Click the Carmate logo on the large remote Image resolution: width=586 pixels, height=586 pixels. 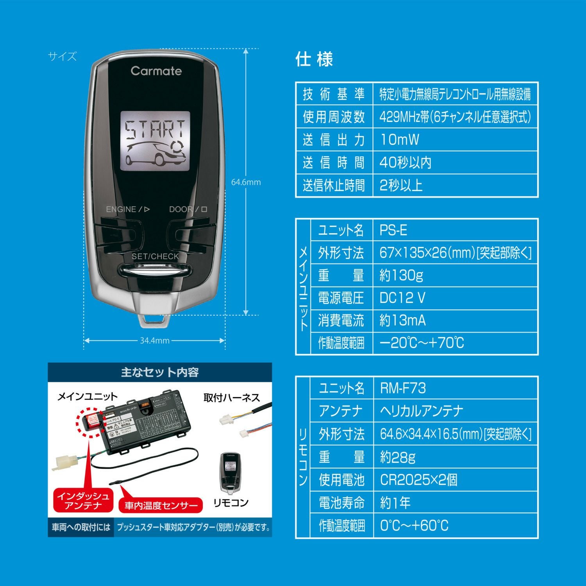click(156, 71)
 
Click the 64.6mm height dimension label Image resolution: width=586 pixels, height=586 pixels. click(246, 182)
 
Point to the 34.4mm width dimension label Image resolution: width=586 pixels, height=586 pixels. click(155, 341)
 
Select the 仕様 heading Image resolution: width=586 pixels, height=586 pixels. click(314, 60)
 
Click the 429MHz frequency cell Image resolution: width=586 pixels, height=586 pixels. click(455, 117)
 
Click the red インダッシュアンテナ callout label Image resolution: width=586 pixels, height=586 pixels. click(83, 501)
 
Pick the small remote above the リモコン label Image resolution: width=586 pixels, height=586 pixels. click(231, 472)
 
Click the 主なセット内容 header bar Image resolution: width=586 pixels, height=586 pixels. click(159, 372)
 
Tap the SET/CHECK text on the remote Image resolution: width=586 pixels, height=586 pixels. click(155, 256)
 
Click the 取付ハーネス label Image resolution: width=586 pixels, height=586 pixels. click(232, 398)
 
